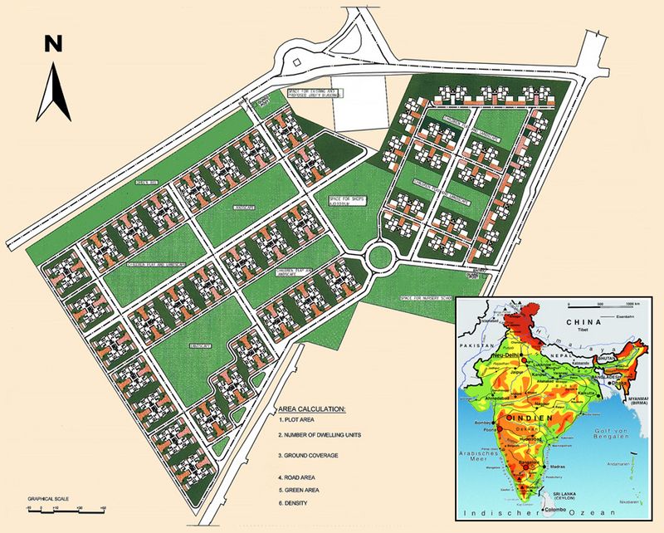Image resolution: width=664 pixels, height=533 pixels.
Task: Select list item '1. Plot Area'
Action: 300,423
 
